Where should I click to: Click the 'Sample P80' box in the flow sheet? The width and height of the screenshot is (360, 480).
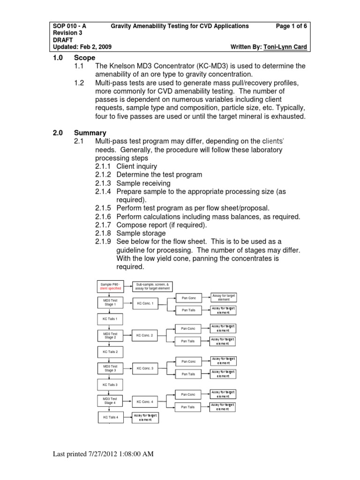click(x=111, y=286)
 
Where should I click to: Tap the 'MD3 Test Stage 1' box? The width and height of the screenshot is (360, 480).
click(x=111, y=302)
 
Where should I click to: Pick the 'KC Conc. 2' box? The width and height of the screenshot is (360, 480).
click(x=145, y=335)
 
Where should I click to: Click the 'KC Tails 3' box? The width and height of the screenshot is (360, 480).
click(x=110, y=384)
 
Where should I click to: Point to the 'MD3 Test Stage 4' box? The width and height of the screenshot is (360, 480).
click(x=111, y=401)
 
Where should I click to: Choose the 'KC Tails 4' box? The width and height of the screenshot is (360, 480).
click(x=111, y=417)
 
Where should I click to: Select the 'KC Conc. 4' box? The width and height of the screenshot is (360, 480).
click(x=145, y=402)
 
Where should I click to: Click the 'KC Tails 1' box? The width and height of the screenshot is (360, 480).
click(x=110, y=319)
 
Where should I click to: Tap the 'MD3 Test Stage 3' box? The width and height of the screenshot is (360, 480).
click(x=111, y=368)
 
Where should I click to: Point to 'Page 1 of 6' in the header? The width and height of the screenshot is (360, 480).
click(x=292, y=26)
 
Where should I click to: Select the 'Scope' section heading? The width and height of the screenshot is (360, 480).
click(x=84, y=58)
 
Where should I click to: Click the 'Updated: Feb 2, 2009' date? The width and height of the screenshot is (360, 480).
click(x=82, y=47)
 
